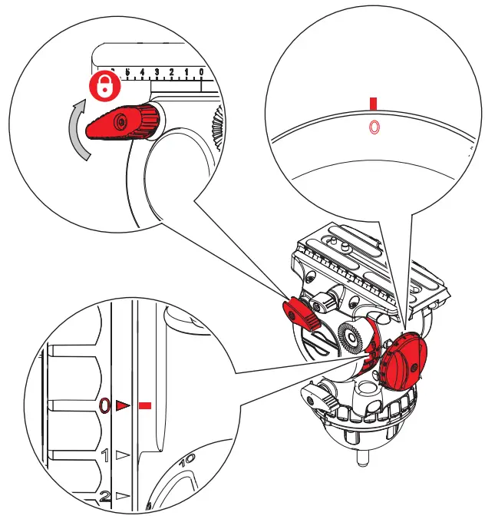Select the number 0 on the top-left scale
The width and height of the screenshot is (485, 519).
point(200,72)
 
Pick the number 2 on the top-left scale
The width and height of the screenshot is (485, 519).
point(171,72)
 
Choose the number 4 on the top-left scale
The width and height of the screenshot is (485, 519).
point(142,72)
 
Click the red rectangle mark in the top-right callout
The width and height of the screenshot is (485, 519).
point(373,103)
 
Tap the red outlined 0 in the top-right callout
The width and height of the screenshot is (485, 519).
point(374,127)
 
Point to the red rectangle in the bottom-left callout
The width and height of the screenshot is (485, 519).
point(146,406)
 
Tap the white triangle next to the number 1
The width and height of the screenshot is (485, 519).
point(122,455)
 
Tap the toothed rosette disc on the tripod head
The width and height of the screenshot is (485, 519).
point(351,337)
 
